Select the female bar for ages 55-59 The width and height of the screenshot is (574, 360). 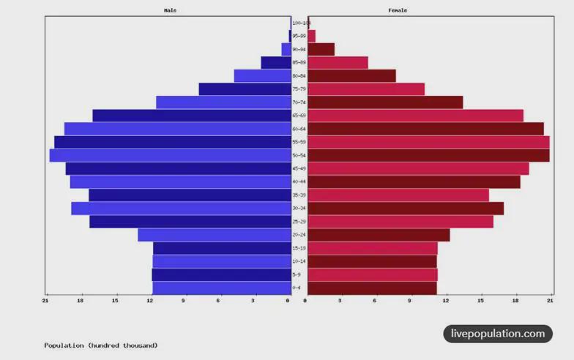(428, 142)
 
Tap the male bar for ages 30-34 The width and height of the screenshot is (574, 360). (181, 209)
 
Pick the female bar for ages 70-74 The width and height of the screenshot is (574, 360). (385, 102)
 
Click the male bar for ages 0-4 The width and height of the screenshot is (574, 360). (222, 288)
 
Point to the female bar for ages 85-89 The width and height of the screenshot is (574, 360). (338, 63)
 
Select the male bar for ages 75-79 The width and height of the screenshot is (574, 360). (245, 89)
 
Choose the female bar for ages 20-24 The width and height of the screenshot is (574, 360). (379, 235)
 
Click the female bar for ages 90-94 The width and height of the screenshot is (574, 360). (321, 49)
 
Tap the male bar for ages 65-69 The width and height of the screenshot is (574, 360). (192, 116)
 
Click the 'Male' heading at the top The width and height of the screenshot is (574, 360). (170, 10)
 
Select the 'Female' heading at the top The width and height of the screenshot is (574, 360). (398, 10)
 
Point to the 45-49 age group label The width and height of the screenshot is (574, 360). (299, 169)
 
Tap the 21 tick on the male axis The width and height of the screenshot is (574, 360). (46, 301)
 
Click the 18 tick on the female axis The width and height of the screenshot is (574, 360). (515, 301)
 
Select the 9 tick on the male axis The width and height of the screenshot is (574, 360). (184, 301)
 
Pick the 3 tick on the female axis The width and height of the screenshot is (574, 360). (340, 301)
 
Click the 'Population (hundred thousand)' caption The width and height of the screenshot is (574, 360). (100, 345)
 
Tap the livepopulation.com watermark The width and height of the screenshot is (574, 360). (498, 334)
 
